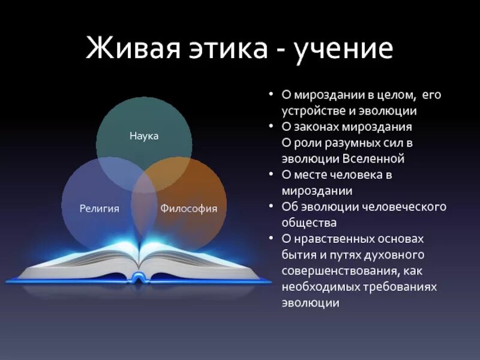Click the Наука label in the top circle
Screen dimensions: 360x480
(x=144, y=136)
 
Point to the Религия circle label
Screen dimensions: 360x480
(x=100, y=209)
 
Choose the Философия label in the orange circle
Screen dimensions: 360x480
(x=188, y=209)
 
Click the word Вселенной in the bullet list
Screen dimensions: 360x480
(x=374, y=159)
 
